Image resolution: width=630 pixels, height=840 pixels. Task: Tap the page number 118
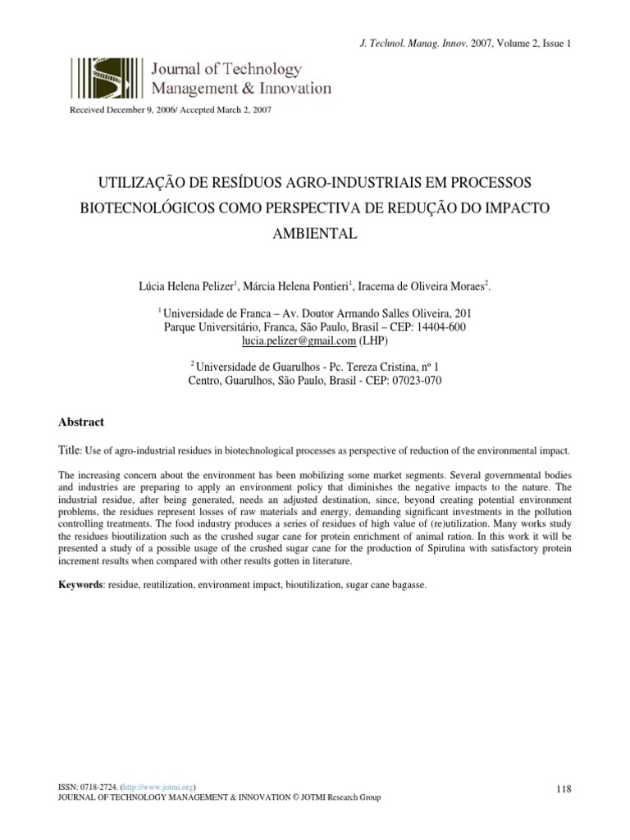point(563,788)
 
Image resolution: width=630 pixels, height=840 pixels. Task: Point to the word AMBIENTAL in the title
point(315,234)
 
